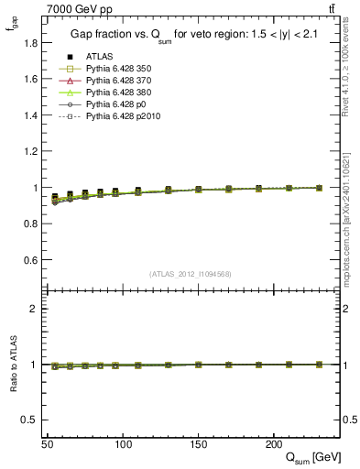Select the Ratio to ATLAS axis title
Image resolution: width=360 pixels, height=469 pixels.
[x=12, y=365]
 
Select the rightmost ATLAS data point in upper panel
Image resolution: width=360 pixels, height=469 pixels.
[x=318, y=187]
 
